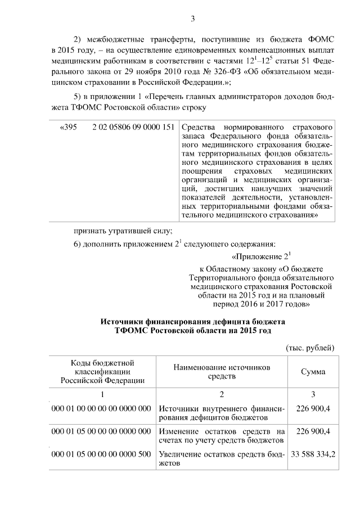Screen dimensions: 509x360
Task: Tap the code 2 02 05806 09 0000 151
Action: [133, 128]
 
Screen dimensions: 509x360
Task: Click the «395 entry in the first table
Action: [67, 128]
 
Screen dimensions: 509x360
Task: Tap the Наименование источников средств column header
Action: [222, 371]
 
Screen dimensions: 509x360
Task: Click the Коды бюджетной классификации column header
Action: [102, 371]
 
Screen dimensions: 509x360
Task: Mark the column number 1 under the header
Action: [102, 394]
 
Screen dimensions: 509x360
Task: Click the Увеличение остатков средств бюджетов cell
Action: [222, 459]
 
